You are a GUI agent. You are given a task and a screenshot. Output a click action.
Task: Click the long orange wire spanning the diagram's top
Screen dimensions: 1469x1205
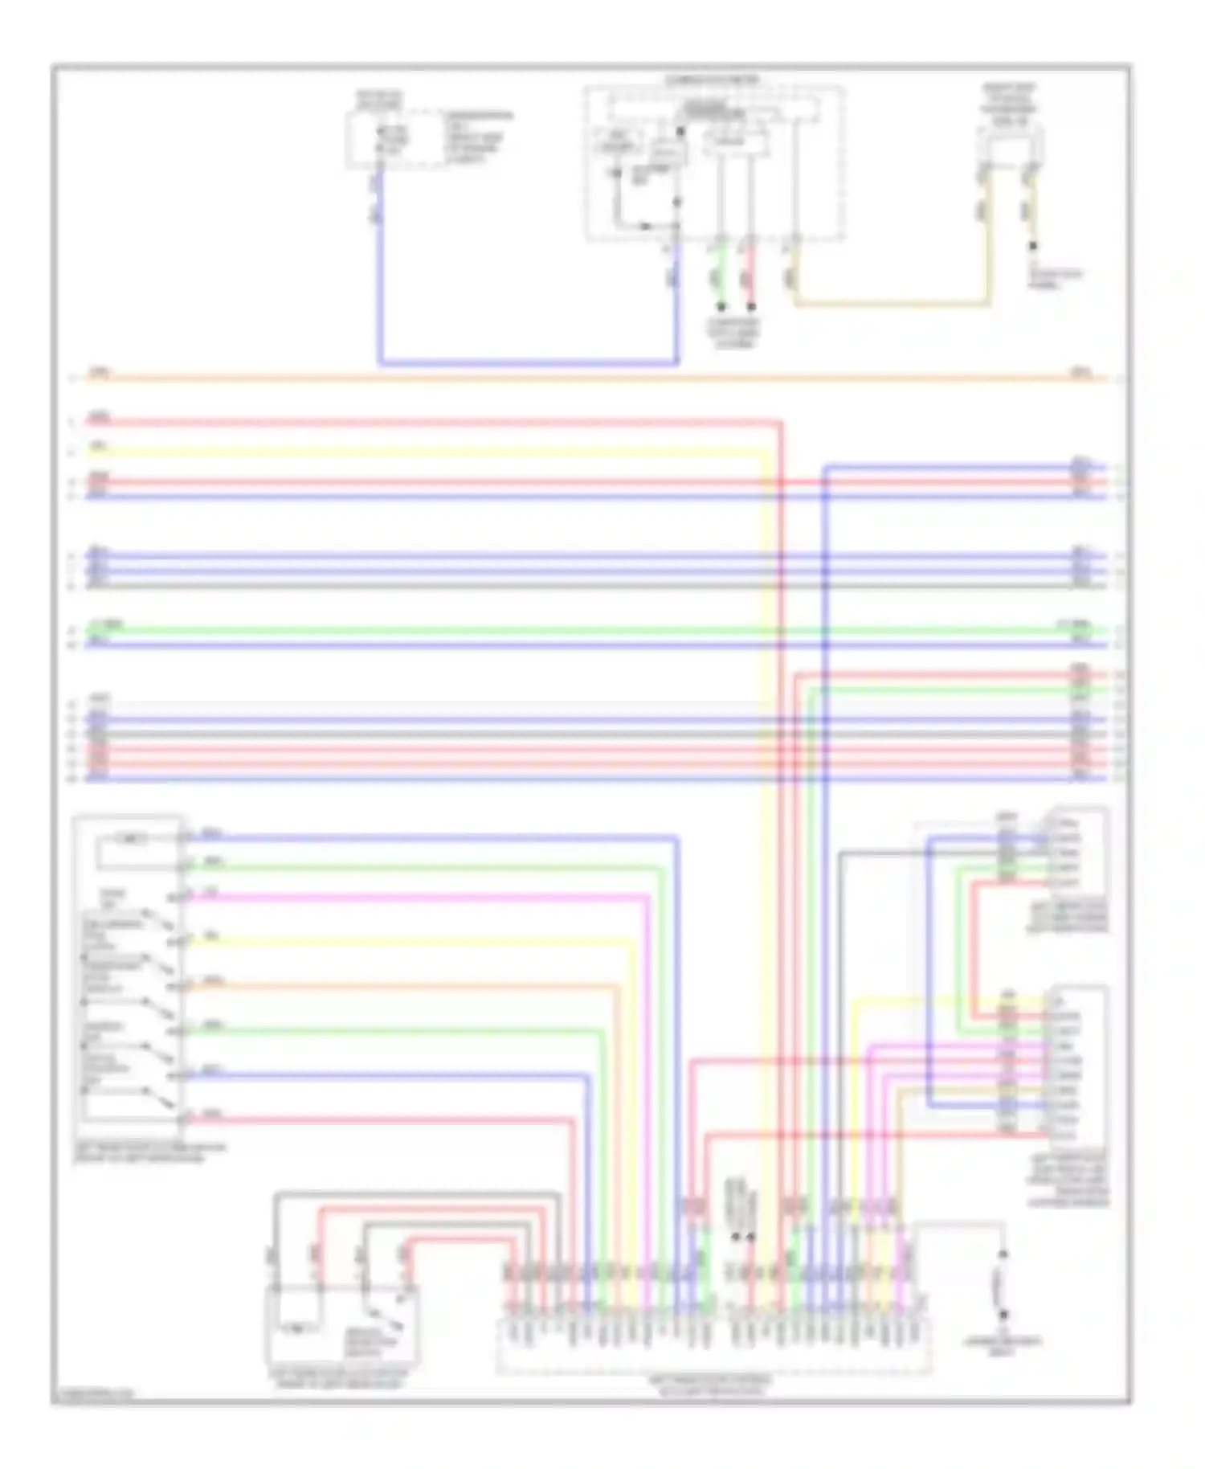click(x=562, y=377)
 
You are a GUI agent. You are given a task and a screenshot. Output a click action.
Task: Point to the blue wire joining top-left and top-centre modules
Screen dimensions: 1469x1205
click(x=526, y=363)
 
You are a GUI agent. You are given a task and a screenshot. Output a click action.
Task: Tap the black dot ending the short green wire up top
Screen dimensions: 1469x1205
click(x=721, y=307)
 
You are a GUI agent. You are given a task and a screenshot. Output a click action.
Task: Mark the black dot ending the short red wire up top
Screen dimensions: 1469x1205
click(x=751, y=307)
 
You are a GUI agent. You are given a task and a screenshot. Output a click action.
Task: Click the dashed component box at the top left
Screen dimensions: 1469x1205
click(x=395, y=141)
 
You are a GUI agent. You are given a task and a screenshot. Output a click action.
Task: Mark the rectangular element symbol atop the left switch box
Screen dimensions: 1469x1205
click(x=131, y=840)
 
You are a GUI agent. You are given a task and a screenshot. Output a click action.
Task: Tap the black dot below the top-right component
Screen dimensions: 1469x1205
click(x=1033, y=247)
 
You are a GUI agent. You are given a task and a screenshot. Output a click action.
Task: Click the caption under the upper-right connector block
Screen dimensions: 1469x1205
click(x=1068, y=917)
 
